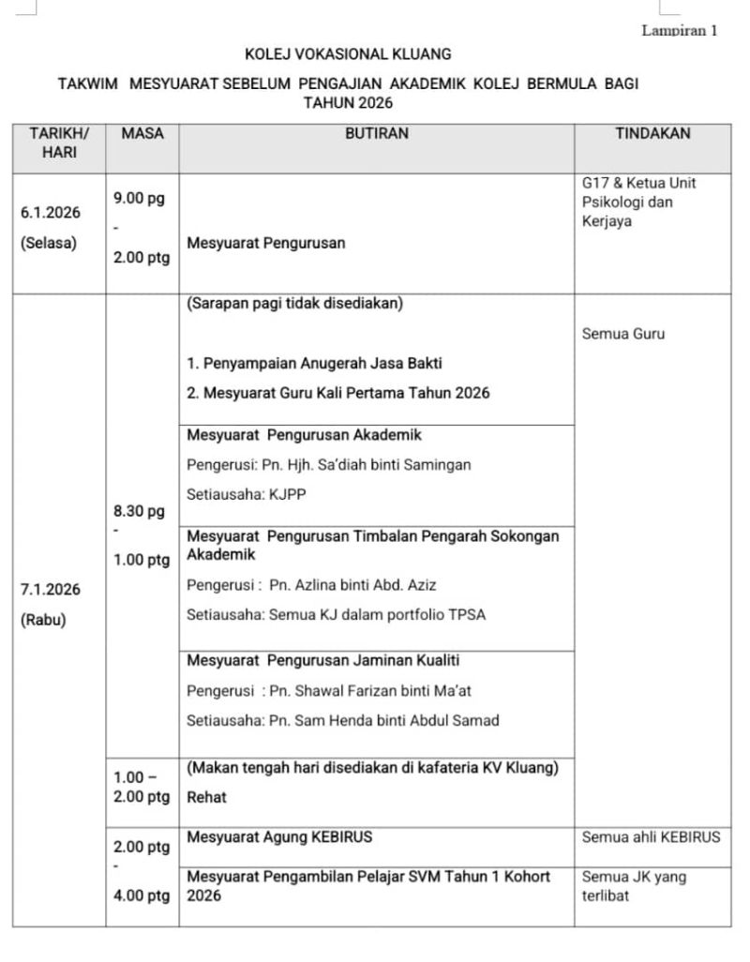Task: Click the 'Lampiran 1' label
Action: point(679,30)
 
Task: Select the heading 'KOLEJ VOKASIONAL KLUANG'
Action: point(348,54)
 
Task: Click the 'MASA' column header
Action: point(142,133)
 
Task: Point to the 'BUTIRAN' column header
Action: point(376,133)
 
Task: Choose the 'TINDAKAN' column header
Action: point(652,133)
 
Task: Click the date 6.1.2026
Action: point(51,212)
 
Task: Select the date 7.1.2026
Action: point(51,590)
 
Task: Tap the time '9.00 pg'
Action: point(139,198)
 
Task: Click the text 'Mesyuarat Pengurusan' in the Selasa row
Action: point(266,243)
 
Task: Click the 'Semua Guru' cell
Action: point(623,333)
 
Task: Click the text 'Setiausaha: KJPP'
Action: point(246,494)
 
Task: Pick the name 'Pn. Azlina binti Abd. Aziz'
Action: point(352,585)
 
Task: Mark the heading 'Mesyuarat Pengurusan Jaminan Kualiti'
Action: point(322,660)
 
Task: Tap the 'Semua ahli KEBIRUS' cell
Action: point(652,836)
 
